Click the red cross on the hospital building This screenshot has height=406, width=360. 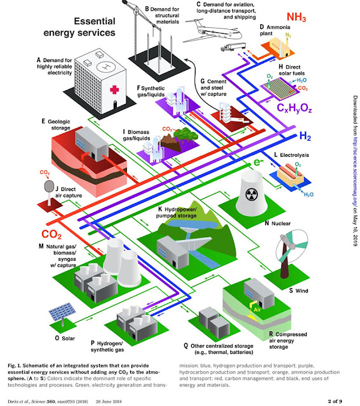114,90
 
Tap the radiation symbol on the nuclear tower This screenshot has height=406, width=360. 250,194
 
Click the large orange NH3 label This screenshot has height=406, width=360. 297,17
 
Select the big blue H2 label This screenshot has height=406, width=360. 305,136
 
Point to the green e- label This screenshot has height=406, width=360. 258,162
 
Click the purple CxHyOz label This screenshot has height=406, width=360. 294,108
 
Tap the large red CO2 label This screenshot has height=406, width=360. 51,234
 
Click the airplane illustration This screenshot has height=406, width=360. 212,31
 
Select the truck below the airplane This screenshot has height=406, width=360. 233,47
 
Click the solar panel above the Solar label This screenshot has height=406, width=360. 62,311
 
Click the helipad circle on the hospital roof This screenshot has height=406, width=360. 106,67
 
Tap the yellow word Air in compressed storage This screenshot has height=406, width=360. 257,310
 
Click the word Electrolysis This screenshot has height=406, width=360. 295,155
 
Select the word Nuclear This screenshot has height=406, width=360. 281,223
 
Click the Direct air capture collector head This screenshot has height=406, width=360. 49,186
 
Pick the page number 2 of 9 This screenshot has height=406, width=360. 335,401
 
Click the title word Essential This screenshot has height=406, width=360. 95,21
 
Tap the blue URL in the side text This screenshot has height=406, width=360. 355,170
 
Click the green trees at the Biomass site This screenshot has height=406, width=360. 185,135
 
